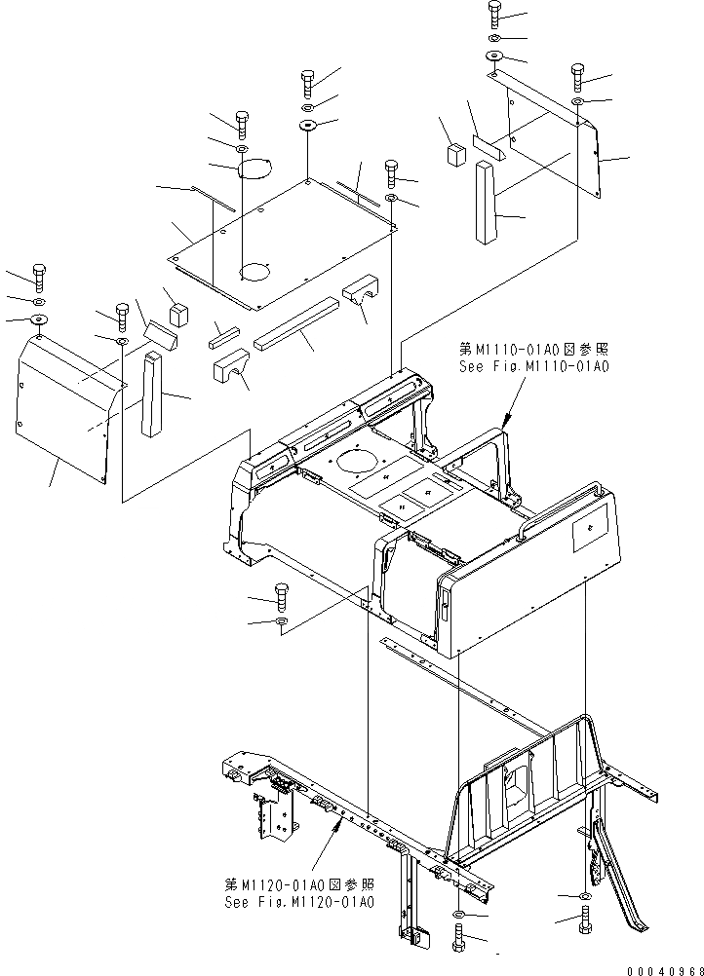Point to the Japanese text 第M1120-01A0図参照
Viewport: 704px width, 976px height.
[298, 884]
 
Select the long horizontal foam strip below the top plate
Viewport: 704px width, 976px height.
[296, 324]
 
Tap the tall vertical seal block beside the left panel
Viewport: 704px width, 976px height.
[150, 394]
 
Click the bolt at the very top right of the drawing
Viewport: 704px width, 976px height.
[494, 14]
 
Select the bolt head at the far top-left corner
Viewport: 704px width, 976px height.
[39, 277]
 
